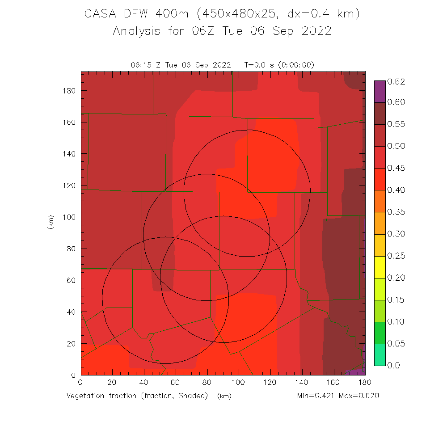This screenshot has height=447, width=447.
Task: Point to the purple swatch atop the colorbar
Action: coord(380,92)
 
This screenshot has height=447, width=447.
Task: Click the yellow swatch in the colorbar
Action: coord(380,267)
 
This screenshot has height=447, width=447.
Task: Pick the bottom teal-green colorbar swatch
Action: coord(380,354)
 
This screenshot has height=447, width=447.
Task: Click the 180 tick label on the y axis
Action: coord(69,90)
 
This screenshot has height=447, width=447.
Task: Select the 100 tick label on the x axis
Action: coord(239,383)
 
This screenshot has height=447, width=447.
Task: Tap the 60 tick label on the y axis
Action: coord(71,280)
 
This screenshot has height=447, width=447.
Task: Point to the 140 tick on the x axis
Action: coord(302,383)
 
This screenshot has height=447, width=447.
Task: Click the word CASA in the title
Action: coord(99,14)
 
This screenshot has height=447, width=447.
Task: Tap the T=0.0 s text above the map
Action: coord(259,65)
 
